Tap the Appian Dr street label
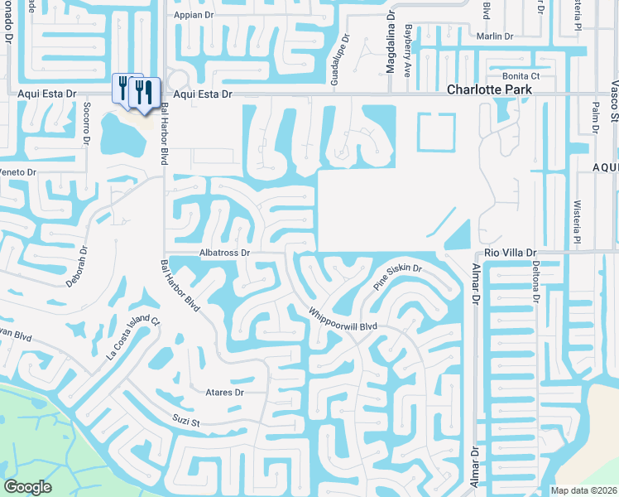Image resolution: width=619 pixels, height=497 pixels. point(193,15)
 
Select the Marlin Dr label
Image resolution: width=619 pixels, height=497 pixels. point(495,36)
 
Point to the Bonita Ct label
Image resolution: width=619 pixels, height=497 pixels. point(521,75)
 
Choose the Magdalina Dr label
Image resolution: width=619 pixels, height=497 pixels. point(390,49)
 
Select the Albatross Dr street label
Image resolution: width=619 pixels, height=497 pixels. point(224,252)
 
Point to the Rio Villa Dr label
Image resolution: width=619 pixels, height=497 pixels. point(511,252)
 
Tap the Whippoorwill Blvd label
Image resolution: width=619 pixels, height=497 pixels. point(343,320)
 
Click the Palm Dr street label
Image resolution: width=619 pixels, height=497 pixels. point(596,118)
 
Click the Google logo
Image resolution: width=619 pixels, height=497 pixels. point(27,487)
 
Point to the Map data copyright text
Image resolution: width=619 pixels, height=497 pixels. point(583,490)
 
